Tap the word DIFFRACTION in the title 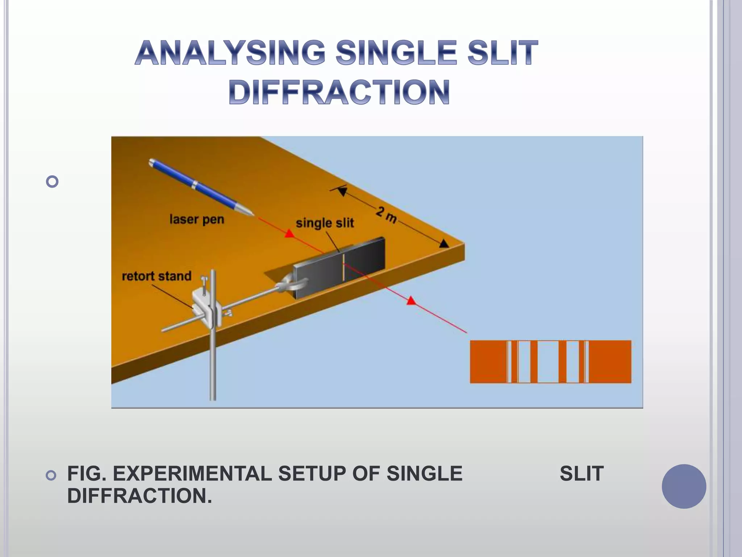click(x=339, y=92)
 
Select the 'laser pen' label click(x=197, y=219)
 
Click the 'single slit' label click(x=325, y=223)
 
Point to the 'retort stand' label click(x=157, y=276)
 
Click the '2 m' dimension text click(x=386, y=215)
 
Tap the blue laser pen click(x=196, y=185)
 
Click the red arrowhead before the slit click(x=289, y=234)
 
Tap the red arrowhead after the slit click(x=411, y=300)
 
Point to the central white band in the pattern click(x=548, y=362)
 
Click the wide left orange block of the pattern click(x=488, y=362)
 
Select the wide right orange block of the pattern click(x=610, y=362)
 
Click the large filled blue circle click(x=684, y=486)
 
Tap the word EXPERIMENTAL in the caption click(x=192, y=474)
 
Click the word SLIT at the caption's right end click(x=581, y=474)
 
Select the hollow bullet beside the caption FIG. click(x=52, y=475)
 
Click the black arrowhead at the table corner click(x=444, y=244)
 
